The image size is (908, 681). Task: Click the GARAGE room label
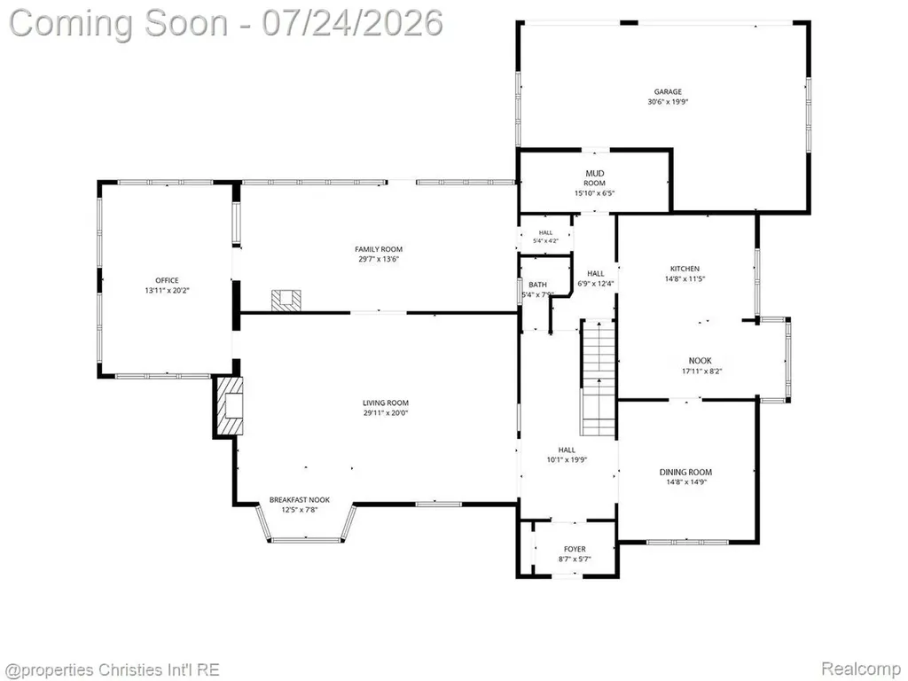pyautogui.click(x=668, y=91)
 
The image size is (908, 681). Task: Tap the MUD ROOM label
pyautogui.click(x=595, y=177)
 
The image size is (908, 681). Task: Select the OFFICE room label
pyautogui.click(x=167, y=280)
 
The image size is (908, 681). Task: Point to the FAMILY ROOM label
pyautogui.click(x=379, y=249)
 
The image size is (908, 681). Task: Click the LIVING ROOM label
pyautogui.click(x=386, y=403)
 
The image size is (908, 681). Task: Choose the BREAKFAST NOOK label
pyautogui.click(x=300, y=500)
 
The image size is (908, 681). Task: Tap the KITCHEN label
pyautogui.click(x=685, y=269)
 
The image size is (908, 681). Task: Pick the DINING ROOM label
pyautogui.click(x=685, y=472)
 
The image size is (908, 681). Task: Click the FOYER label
pyautogui.click(x=575, y=549)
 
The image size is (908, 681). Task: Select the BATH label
pyautogui.click(x=537, y=285)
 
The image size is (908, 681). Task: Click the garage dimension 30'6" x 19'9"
pyautogui.click(x=668, y=102)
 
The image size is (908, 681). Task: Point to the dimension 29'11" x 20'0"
pyautogui.click(x=386, y=413)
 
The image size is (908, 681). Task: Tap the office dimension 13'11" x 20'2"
pyautogui.click(x=167, y=290)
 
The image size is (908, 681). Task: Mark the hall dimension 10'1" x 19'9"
pyautogui.click(x=567, y=460)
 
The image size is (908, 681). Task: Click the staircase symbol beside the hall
pyautogui.click(x=598, y=377)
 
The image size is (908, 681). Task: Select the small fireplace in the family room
pyautogui.click(x=286, y=301)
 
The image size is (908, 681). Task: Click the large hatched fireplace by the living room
pyautogui.click(x=230, y=406)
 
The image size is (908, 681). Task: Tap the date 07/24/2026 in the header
pyautogui.click(x=353, y=23)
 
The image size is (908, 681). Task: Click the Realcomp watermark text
pyautogui.click(x=860, y=669)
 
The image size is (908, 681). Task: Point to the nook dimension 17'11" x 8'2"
pyautogui.click(x=702, y=372)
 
